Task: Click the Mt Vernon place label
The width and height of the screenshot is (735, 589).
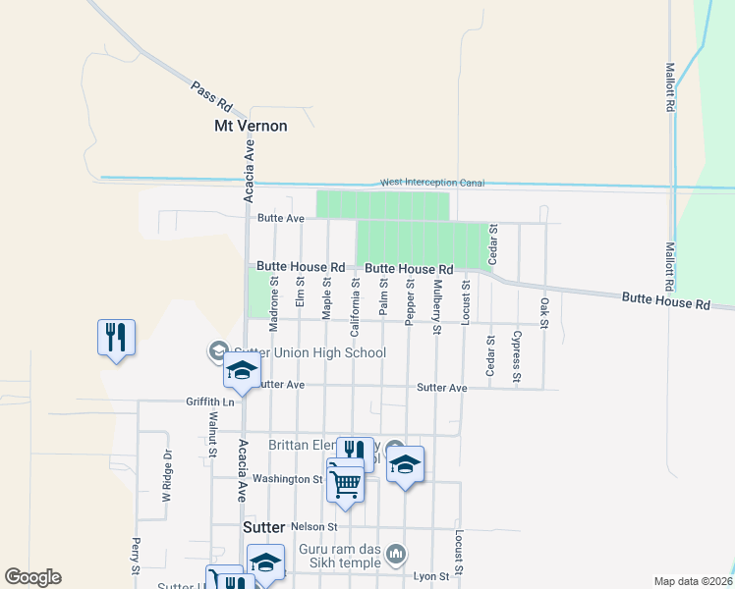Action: (251, 126)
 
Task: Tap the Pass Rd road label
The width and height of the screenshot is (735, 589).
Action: (211, 96)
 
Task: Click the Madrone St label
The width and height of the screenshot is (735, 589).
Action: (275, 294)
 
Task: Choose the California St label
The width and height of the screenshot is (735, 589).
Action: (355, 300)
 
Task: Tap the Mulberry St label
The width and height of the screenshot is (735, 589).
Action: (435, 307)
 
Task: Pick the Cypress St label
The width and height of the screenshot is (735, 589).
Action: (517, 356)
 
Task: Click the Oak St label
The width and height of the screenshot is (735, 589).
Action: (543, 312)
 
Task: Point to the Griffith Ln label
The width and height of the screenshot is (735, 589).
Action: (210, 402)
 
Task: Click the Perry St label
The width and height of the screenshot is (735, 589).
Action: (135, 557)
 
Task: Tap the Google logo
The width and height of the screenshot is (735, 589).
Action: (32, 577)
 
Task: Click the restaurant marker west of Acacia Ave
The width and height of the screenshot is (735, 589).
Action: (116, 338)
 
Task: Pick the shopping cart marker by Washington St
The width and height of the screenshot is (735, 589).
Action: (345, 480)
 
